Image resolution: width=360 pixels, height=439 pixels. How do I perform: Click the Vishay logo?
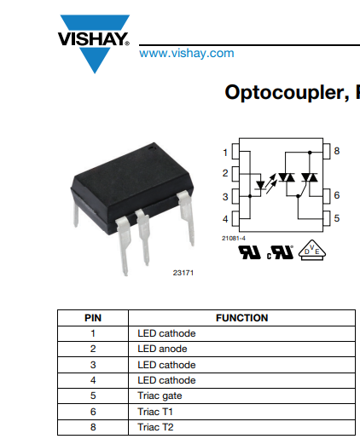pyautogui.click(x=94, y=43)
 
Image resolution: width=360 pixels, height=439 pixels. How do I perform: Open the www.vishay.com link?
pyautogui.click(x=187, y=53)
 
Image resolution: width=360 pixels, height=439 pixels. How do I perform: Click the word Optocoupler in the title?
pyautogui.click(x=287, y=93)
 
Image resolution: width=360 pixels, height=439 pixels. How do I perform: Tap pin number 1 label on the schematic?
pyautogui.click(x=225, y=153)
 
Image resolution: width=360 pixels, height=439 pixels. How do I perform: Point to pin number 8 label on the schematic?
pyautogui.click(x=337, y=151)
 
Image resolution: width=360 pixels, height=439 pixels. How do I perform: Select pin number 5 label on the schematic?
pyautogui.click(x=337, y=218)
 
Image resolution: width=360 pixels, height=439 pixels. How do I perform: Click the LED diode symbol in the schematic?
pyautogui.click(x=260, y=185)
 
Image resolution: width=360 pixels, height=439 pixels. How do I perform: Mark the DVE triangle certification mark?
pyautogui.click(x=312, y=250)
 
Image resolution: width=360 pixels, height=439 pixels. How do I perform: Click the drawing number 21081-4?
pyautogui.click(x=234, y=238)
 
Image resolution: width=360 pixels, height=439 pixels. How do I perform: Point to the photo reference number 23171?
pyautogui.click(x=183, y=273)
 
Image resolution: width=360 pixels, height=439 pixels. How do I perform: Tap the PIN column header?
pyautogui.click(x=93, y=318)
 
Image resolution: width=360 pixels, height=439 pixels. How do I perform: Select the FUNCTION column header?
pyautogui.click(x=242, y=318)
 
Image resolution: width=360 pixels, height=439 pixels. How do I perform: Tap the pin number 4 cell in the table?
pyautogui.click(x=93, y=380)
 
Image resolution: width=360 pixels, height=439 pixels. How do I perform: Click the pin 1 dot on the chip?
pyautogui.click(x=151, y=147)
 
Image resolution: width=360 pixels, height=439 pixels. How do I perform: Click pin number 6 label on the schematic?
pyautogui.click(x=337, y=195)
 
